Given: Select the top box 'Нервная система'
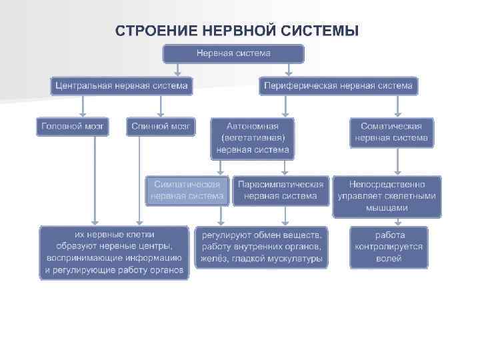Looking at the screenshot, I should click(x=233, y=53).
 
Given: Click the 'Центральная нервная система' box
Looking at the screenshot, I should click(x=122, y=86).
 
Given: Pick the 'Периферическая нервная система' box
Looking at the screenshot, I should click(x=338, y=86).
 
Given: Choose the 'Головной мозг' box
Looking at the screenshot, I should click(x=73, y=126).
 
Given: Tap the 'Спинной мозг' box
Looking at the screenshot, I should click(x=161, y=126).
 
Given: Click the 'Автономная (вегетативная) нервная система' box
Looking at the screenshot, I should click(x=252, y=138).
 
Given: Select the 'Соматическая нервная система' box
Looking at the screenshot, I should click(x=391, y=132).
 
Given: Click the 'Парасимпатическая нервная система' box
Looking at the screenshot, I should click(x=280, y=190).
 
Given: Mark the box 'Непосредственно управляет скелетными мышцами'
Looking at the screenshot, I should click(x=387, y=196).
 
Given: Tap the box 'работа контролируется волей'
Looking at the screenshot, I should click(x=389, y=247).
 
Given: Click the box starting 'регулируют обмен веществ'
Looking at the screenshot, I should click(x=261, y=247).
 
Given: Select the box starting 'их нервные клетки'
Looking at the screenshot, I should click(x=114, y=253).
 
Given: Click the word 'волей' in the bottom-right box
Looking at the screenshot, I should click(x=389, y=259).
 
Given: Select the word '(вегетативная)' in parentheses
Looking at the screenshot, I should click(x=252, y=138).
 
